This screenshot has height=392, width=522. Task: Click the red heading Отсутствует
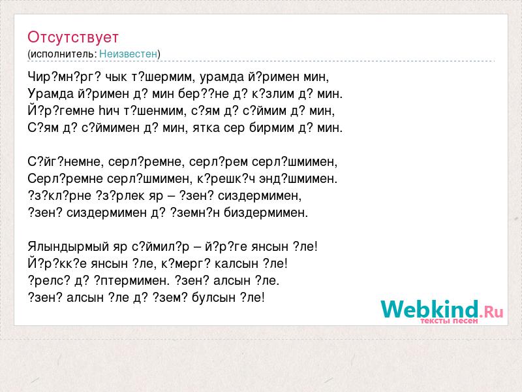pos(73,37)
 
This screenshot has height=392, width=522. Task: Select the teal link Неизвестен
pos(128,54)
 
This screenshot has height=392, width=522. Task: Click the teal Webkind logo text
pos(430,309)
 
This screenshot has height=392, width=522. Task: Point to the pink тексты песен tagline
pos(449,321)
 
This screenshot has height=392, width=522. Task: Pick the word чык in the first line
pos(116,77)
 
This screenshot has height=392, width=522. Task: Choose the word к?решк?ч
pos(226,179)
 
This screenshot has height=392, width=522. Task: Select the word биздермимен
pos(266,213)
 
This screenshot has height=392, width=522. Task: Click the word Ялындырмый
pos(69,247)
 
